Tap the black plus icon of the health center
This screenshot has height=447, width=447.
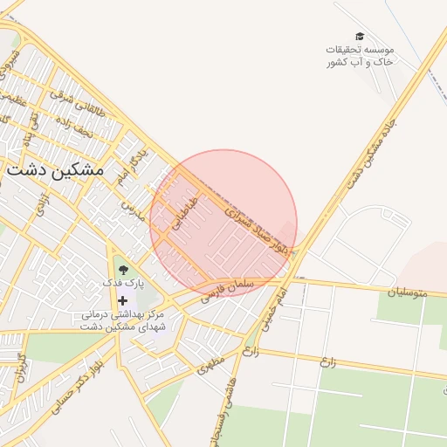[x=122, y=300]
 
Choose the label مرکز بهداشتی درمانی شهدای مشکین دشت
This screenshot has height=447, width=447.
[x=123, y=320]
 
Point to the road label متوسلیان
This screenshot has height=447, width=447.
[x=409, y=292]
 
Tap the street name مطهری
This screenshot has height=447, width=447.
[x=211, y=361]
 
